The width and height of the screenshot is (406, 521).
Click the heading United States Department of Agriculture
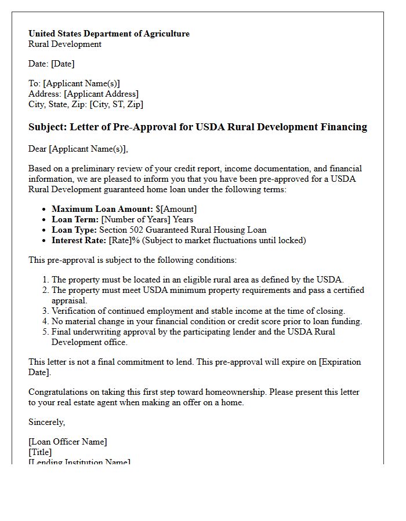[109, 34]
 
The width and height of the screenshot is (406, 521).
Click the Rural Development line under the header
[65, 44]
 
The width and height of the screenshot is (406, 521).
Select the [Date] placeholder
[63, 64]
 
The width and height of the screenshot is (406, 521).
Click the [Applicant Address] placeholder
[101, 94]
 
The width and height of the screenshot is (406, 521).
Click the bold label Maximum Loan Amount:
[102, 209]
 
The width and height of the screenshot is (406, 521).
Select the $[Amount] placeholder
[176, 209]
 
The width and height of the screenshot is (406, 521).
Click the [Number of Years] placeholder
[136, 219]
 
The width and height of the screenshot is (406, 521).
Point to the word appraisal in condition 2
[69, 300]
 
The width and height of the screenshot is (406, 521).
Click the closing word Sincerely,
[47, 422]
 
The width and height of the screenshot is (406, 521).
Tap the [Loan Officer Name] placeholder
[68, 442]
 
